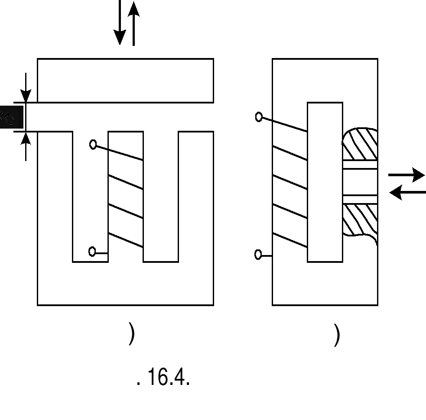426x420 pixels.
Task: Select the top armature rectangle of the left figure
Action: point(125,81)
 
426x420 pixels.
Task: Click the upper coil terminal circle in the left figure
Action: point(93,145)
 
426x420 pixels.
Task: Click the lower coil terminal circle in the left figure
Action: point(92,252)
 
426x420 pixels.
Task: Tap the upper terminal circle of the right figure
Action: point(259,117)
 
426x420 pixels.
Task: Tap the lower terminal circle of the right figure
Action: point(258,255)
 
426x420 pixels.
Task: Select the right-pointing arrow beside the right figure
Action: point(406,175)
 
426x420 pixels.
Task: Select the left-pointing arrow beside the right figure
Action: point(407,192)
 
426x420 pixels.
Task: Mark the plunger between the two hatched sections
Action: point(360,182)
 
